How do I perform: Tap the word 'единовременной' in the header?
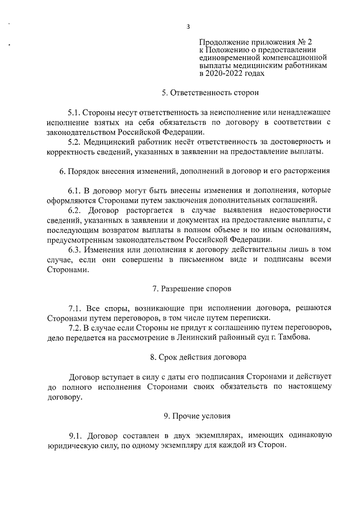(227, 57)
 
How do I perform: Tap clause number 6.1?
(75, 190)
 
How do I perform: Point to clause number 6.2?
(75, 210)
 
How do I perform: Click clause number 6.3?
(75, 249)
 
